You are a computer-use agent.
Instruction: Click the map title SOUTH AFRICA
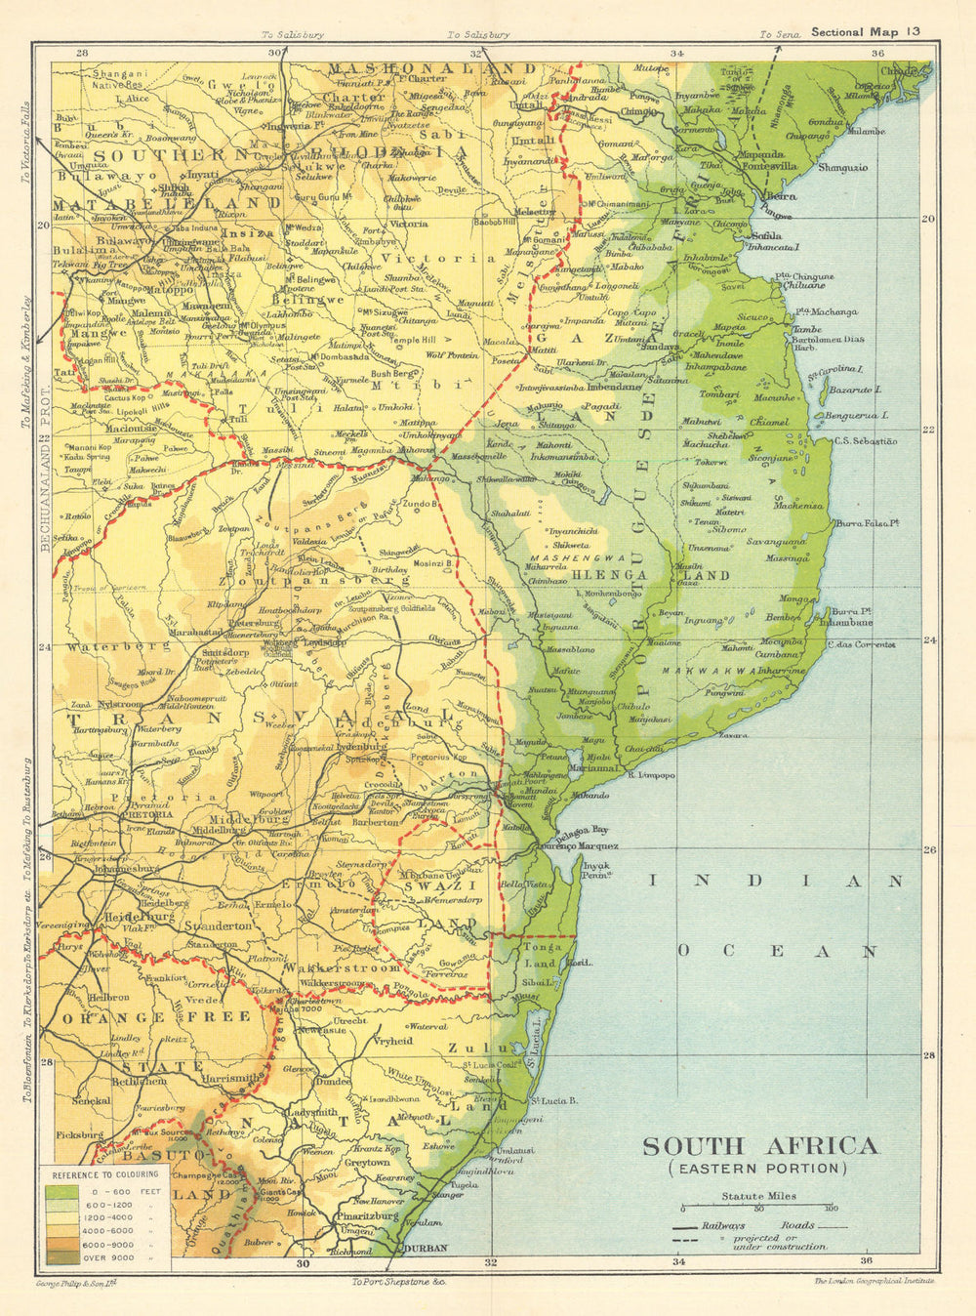759,1145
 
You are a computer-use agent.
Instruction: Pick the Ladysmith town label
311,1112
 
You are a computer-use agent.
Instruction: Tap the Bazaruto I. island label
855,390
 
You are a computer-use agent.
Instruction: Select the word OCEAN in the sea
778,950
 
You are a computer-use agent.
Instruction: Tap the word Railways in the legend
723,1226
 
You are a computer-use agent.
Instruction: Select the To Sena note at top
780,34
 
